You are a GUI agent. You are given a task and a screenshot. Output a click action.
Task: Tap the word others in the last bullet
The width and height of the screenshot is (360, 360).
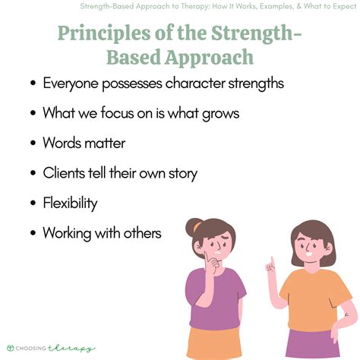tap(140, 233)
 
